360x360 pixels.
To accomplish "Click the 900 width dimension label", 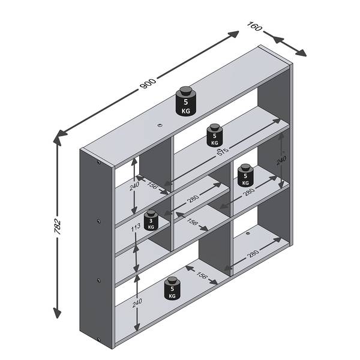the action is click(x=148, y=84).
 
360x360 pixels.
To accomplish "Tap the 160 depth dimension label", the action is click(x=254, y=26).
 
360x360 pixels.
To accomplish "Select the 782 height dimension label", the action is click(x=58, y=227).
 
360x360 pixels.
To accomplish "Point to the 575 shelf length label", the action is click(x=223, y=152).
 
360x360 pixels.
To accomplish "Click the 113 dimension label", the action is click(x=136, y=227).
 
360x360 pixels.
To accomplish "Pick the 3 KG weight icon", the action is click(x=151, y=221).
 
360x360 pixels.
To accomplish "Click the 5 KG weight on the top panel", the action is click(x=186, y=101).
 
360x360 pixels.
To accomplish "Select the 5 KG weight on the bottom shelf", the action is click(x=172, y=288).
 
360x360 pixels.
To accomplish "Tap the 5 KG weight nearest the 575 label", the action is click(x=215, y=135).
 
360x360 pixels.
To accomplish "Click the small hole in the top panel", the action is click(x=160, y=125).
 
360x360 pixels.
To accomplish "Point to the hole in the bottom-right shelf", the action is click(x=247, y=233).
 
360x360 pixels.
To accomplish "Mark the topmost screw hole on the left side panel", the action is click(x=99, y=163).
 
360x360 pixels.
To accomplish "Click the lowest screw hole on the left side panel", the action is click(x=99, y=340).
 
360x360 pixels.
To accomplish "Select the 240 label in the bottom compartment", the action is click(x=137, y=303).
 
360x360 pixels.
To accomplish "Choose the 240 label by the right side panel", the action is click(x=281, y=160).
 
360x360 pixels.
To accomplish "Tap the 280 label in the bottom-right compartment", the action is click(x=253, y=253).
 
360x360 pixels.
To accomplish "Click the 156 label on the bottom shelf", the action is click(x=202, y=275).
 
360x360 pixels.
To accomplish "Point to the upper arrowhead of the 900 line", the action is click(x=233, y=34).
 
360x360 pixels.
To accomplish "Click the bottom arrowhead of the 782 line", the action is click(x=57, y=313).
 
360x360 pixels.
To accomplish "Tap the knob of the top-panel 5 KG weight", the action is click(x=186, y=91).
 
